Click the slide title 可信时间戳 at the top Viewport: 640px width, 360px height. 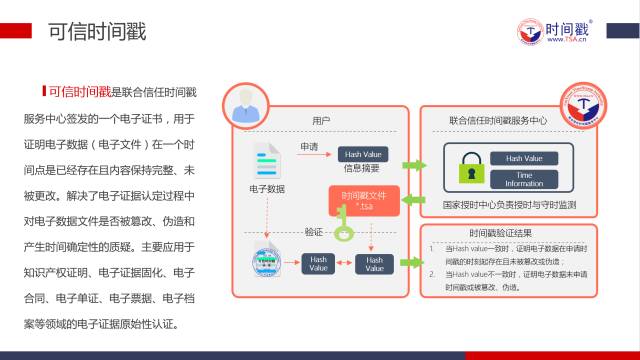click(x=96, y=31)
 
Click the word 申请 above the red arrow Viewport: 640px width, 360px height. click(x=309, y=147)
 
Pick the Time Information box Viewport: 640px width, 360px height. click(x=524, y=179)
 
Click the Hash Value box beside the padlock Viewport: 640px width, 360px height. click(x=524, y=158)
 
